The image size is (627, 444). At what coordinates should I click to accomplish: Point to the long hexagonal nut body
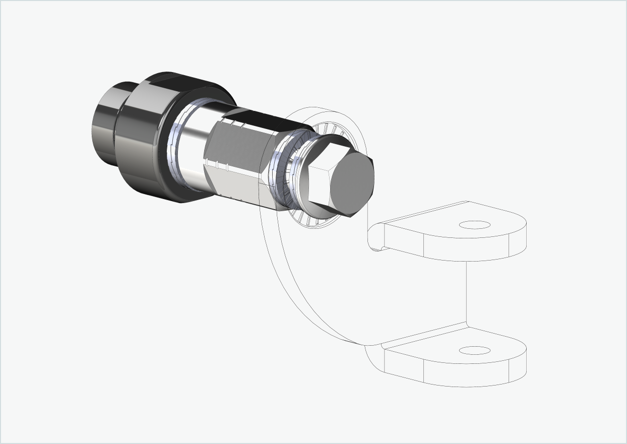click(x=237, y=161)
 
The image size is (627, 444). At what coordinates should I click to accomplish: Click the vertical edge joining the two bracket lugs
click(x=467, y=292)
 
